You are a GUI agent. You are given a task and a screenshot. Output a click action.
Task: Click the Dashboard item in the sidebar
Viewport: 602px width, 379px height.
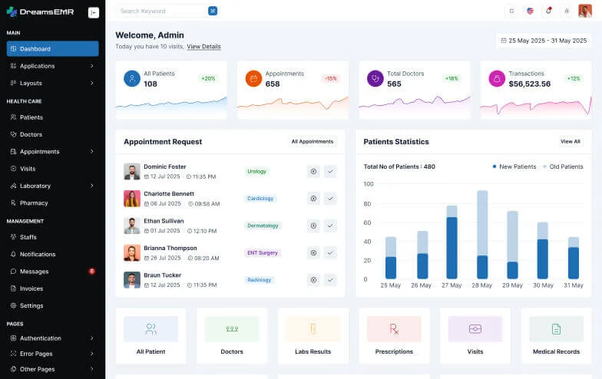click(x=52, y=49)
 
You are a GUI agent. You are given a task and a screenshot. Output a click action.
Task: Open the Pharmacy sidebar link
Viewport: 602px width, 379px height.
click(x=34, y=203)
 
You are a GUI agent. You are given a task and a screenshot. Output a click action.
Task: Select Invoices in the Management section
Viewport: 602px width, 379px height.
click(x=31, y=288)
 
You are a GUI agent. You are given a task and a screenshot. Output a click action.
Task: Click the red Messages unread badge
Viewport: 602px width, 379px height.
click(x=92, y=271)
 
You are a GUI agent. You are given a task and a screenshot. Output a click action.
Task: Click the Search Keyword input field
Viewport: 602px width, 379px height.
click(x=161, y=11)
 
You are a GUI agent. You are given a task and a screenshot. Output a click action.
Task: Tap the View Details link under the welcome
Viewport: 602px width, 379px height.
click(x=203, y=47)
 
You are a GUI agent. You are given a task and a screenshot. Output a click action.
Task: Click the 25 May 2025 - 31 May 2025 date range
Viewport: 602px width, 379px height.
click(x=544, y=41)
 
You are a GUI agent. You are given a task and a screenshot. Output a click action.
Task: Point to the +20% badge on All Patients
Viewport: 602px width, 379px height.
click(x=208, y=78)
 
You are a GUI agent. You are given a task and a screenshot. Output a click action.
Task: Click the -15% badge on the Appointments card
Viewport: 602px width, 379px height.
click(x=330, y=78)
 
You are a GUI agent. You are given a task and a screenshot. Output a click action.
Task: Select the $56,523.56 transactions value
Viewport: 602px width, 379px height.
click(x=529, y=84)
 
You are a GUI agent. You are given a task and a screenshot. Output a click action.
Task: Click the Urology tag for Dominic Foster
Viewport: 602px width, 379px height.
click(x=256, y=171)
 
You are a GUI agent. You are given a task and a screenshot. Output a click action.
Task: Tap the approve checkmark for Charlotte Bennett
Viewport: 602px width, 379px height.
click(x=330, y=199)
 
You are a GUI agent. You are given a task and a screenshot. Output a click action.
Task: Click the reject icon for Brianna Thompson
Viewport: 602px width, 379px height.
click(x=313, y=252)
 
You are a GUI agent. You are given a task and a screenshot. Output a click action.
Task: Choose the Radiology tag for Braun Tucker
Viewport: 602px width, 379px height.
click(x=260, y=280)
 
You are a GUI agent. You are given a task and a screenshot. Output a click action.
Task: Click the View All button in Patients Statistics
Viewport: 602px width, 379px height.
click(x=570, y=141)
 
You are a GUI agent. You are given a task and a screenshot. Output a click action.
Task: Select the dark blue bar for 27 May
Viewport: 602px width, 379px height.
click(x=451, y=248)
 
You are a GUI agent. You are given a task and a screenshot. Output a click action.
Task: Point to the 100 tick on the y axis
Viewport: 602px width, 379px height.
click(x=369, y=184)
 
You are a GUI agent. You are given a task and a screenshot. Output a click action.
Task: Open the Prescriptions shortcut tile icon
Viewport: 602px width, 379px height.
click(x=394, y=329)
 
